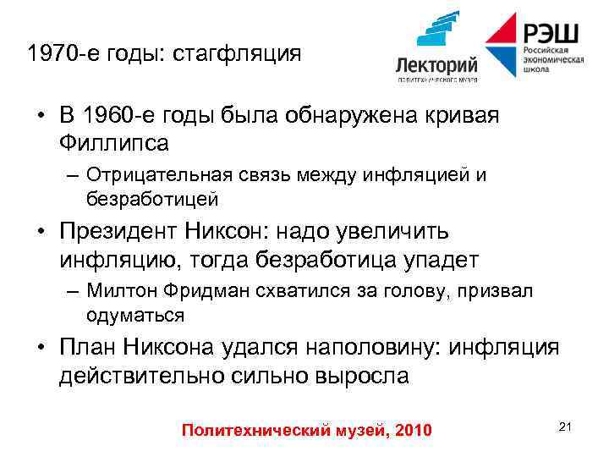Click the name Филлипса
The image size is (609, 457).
(114, 143)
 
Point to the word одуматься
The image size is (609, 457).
(134, 315)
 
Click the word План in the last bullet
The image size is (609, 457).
(87, 347)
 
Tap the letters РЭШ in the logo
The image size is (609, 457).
(551, 33)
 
